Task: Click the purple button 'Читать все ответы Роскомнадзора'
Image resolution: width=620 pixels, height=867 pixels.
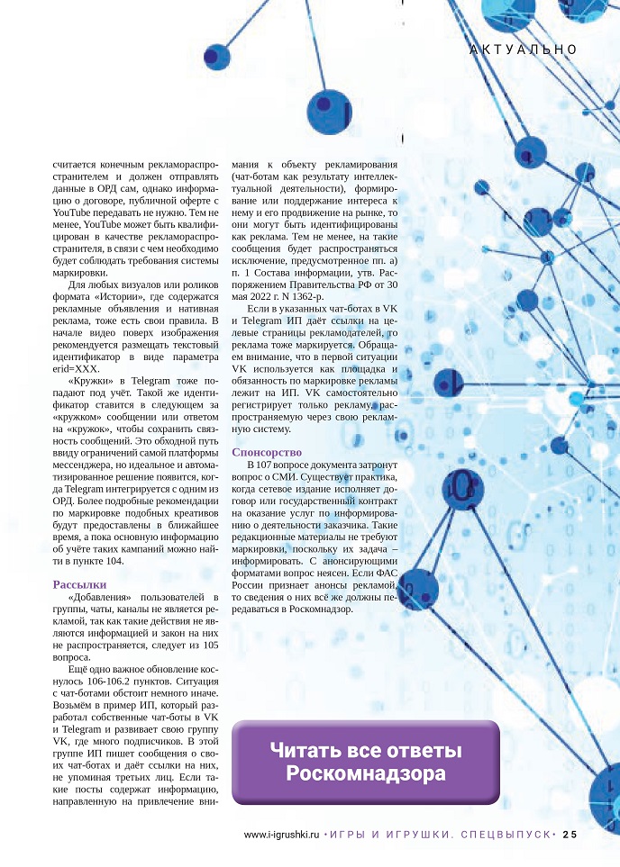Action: [366, 762]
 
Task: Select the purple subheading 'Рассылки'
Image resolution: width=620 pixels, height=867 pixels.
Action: [81, 583]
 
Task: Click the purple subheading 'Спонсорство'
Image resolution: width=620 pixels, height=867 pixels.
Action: [267, 451]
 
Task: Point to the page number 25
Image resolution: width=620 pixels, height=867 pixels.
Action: [570, 834]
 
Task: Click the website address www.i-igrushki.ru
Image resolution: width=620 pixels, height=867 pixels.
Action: [282, 834]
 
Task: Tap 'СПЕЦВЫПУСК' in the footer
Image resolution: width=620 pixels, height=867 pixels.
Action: [505, 834]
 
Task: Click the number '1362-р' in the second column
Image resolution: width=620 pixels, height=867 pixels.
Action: [311, 296]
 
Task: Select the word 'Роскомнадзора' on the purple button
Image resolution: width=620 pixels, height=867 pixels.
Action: [366, 774]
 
